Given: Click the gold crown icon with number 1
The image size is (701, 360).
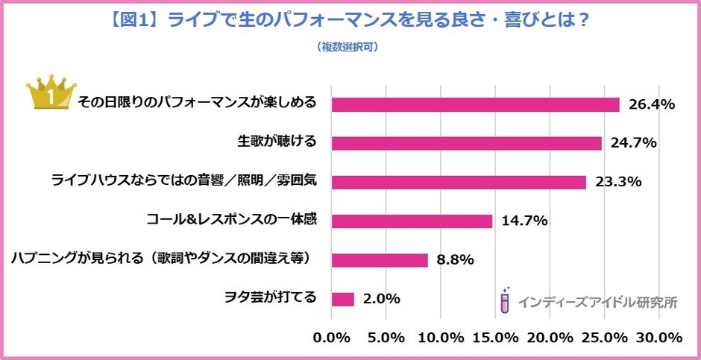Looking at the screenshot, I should (48, 93).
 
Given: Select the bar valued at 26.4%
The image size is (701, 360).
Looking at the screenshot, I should (475, 104).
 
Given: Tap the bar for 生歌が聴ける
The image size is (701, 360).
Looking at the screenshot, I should (466, 143).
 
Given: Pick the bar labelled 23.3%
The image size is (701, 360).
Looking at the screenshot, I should (459, 182).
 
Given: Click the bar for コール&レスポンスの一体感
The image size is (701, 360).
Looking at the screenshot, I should (412, 221).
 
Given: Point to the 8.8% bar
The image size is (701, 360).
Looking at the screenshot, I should (380, 259).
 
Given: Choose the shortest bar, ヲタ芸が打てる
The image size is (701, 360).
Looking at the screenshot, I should (342, 298).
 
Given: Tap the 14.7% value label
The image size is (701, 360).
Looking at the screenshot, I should (524, 221).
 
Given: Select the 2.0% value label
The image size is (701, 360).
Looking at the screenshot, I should (382, 299).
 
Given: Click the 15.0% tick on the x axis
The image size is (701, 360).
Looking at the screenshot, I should (496, 337).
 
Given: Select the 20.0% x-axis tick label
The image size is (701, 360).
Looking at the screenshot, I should (550, 337).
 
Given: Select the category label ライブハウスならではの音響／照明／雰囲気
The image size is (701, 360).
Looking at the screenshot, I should (183, 181).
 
